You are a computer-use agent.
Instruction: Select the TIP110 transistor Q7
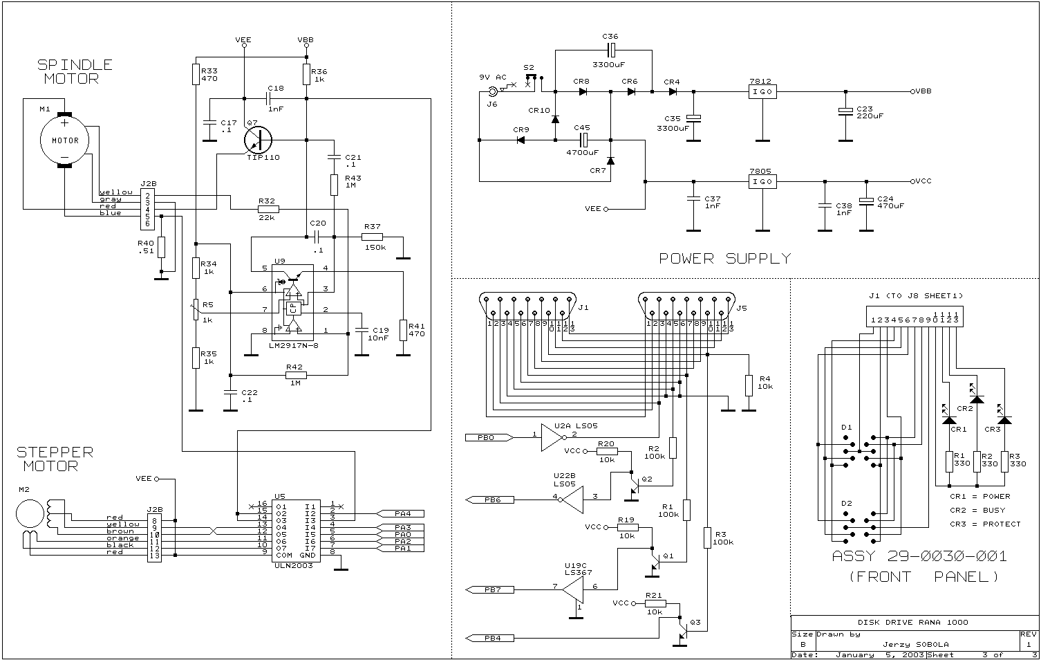pos(258,140)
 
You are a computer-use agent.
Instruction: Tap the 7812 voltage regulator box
pos(762,91)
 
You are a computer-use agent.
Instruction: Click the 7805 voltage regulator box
pos(762,181)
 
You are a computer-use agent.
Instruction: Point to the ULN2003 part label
pos(293,566)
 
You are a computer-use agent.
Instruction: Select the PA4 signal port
pos(401,513)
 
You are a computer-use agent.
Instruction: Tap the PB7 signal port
pos(489,589)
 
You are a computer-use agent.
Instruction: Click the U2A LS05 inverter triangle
pos(551,437)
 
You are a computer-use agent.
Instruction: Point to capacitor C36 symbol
pos(610,50)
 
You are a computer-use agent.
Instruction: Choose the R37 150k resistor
pos(372,237)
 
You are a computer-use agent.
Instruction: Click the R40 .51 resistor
pos(161,247)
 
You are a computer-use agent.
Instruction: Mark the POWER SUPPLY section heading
pos(724,259)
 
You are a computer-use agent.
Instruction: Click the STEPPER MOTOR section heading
pos(55,459)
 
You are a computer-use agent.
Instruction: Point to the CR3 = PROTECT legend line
pos(984,524)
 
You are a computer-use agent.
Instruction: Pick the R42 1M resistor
pos(296,376)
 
